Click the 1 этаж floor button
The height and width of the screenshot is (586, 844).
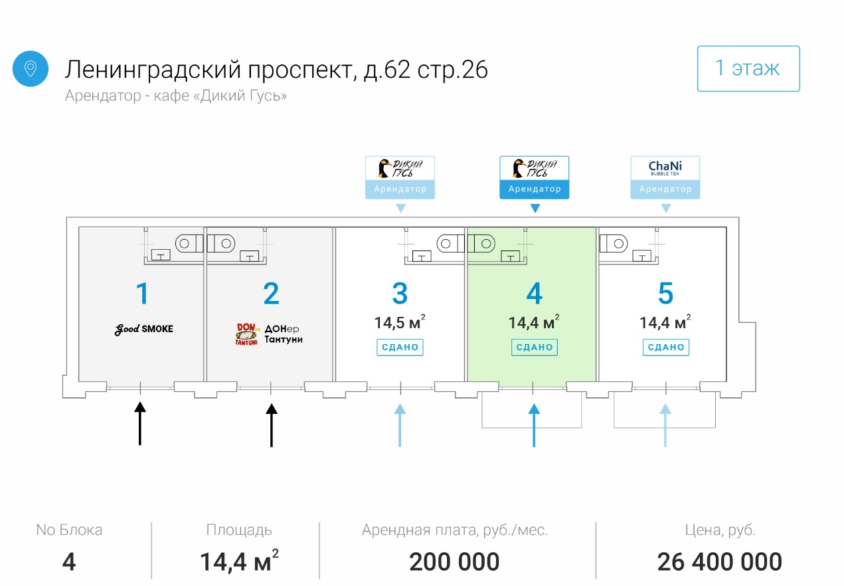748,68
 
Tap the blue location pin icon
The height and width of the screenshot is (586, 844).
31,68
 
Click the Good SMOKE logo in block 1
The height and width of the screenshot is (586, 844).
143,329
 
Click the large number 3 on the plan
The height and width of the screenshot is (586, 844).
400,294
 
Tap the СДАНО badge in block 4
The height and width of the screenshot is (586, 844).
534,347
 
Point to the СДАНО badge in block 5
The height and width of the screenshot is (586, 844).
665,347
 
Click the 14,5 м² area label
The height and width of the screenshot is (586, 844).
400,323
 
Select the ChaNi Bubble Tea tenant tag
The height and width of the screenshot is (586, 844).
665,177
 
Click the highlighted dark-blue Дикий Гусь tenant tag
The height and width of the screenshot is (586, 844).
534,177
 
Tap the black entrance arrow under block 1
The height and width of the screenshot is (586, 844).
140,423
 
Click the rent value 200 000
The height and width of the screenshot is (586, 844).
454,562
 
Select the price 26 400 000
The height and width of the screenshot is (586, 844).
719,562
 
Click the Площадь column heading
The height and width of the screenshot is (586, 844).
238,530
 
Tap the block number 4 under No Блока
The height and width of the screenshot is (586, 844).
69,562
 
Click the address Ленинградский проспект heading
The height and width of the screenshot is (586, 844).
276,69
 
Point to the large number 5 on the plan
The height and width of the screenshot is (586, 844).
665,294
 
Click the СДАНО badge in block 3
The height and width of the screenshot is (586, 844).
400,347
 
